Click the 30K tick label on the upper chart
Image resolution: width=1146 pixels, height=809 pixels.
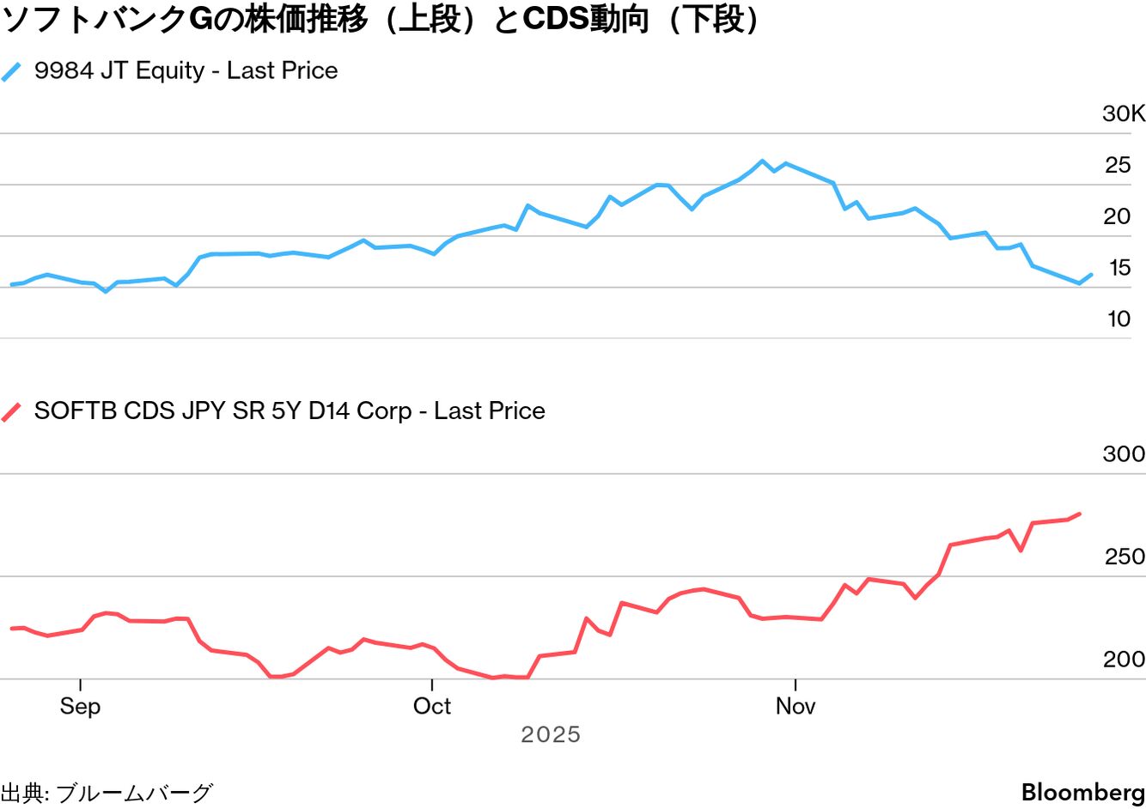1123,113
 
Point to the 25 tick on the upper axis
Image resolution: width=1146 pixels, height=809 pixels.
1118,165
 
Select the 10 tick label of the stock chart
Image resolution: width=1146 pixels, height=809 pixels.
1119,319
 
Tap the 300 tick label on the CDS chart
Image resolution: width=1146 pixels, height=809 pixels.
1124,453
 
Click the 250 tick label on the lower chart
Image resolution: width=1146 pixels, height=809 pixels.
1125,557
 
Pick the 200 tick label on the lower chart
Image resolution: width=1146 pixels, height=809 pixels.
1124,660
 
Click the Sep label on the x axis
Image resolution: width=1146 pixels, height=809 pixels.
80,706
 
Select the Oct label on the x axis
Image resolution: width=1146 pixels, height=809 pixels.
431,706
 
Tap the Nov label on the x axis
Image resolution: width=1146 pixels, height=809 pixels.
795,706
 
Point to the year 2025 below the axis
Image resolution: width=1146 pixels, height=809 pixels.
551,735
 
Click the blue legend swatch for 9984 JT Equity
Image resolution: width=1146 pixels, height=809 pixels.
12,71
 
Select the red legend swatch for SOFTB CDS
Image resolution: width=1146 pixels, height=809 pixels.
12,411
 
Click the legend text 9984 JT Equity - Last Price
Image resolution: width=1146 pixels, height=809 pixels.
186,70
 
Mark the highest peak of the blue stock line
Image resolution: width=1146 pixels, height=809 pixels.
762,161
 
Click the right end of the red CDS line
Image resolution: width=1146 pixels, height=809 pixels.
1080,514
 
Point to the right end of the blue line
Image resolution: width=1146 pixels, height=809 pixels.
1091,275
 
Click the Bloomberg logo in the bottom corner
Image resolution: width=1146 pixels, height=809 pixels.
1082,792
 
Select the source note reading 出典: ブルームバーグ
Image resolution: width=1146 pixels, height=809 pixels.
106,793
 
